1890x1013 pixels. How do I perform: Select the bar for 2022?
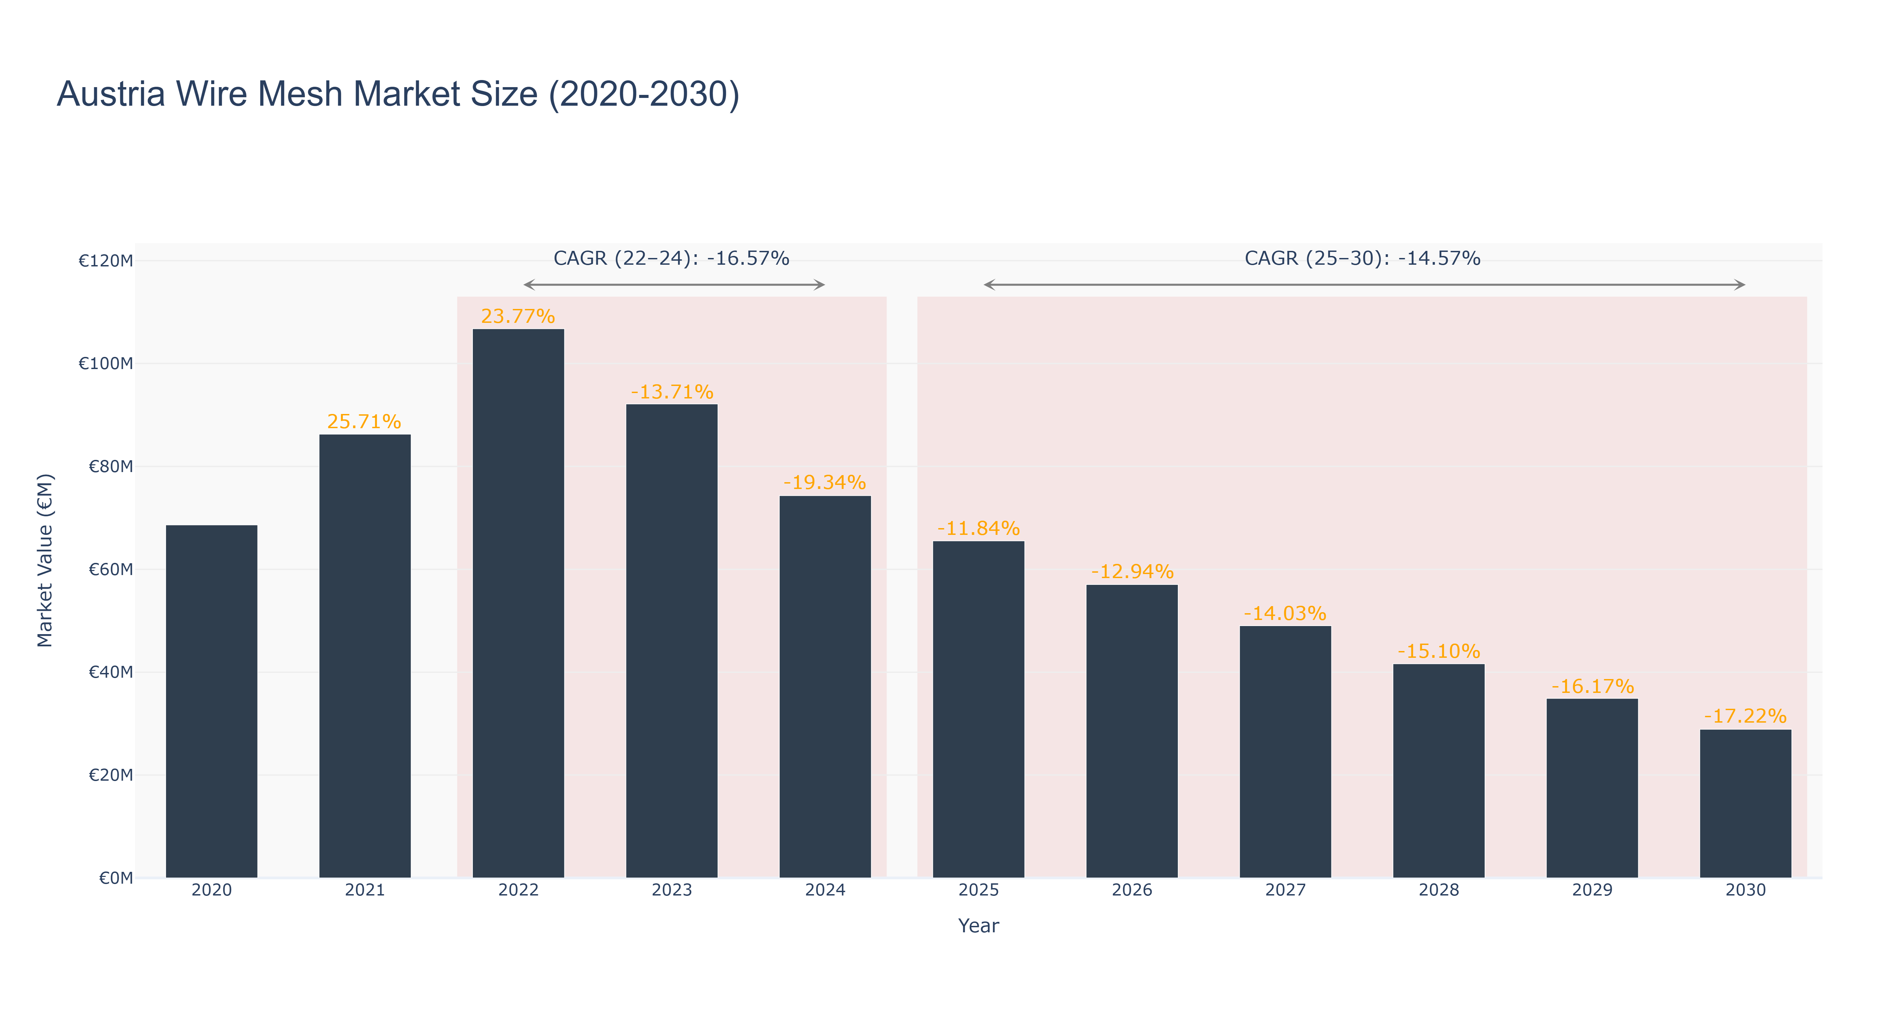518,603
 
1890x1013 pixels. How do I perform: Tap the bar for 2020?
211,702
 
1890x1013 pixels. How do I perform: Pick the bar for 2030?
1746,804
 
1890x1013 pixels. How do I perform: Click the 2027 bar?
1286,752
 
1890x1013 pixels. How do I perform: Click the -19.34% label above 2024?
825,483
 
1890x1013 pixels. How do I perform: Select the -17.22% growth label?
1746,717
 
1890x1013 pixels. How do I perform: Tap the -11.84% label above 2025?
978,528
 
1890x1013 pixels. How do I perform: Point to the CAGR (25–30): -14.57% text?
1362,258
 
